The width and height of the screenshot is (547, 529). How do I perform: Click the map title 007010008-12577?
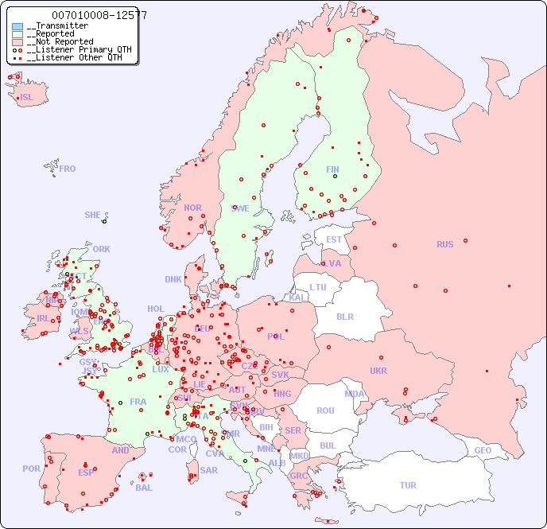pos(99,15)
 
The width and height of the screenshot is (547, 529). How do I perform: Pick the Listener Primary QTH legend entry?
pos(74,49)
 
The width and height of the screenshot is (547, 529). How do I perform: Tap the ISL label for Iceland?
pos(27,98)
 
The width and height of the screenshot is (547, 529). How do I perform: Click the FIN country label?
pos(332,169)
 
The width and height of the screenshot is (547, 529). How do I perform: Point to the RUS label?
pos(444,244)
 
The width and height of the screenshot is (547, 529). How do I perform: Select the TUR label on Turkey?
pos(408,485)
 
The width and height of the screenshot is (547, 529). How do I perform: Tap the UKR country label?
pos(378,371)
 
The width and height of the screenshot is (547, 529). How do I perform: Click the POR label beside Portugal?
pos(31,469)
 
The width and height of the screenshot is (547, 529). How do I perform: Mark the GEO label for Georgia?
pos(483,450)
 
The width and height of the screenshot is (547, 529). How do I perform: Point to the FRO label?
pos(68,169)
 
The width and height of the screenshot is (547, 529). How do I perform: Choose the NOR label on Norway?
pos(192,208)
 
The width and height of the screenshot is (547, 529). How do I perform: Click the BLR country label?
pos(345,316)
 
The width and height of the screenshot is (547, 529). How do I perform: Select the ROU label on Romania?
pos(325,410)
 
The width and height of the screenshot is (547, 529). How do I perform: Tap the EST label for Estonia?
pos(334,239)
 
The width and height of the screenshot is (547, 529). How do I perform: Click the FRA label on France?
pos(138,402)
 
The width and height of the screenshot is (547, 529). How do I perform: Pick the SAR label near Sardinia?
pos(208,470)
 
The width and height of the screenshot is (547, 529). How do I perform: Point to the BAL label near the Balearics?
pos(144,488)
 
